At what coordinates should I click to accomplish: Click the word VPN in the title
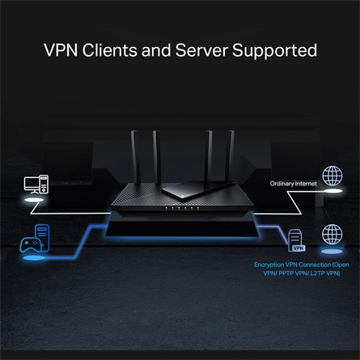(62, 50)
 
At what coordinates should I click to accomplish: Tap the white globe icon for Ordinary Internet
(332, 176)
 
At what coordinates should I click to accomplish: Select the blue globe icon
(332, 235)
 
